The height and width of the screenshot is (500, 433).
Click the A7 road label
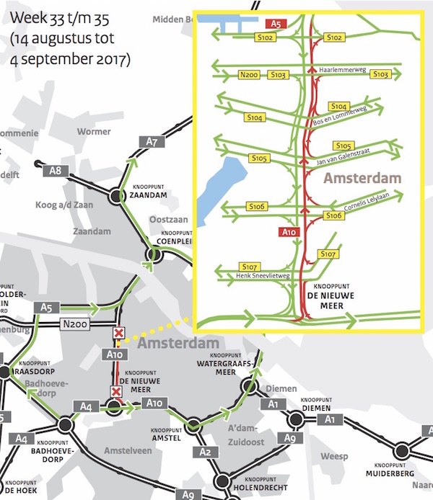pyautogui.click(x=152, y=142)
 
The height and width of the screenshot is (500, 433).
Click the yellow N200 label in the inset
pyautogui.click(x=250, y=74)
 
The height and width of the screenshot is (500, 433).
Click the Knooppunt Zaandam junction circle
pyautogui.click(x=118, y=195)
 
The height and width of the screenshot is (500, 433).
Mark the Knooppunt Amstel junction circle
pyautogui.click(x=193, y=425)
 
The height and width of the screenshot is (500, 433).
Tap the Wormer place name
pyautogui.click(x=94, y=132)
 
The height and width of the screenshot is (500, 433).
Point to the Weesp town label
pyautogui.click(x=335, y=456)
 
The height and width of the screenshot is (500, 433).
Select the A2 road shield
pyautogui.click(x=204, y=452)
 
